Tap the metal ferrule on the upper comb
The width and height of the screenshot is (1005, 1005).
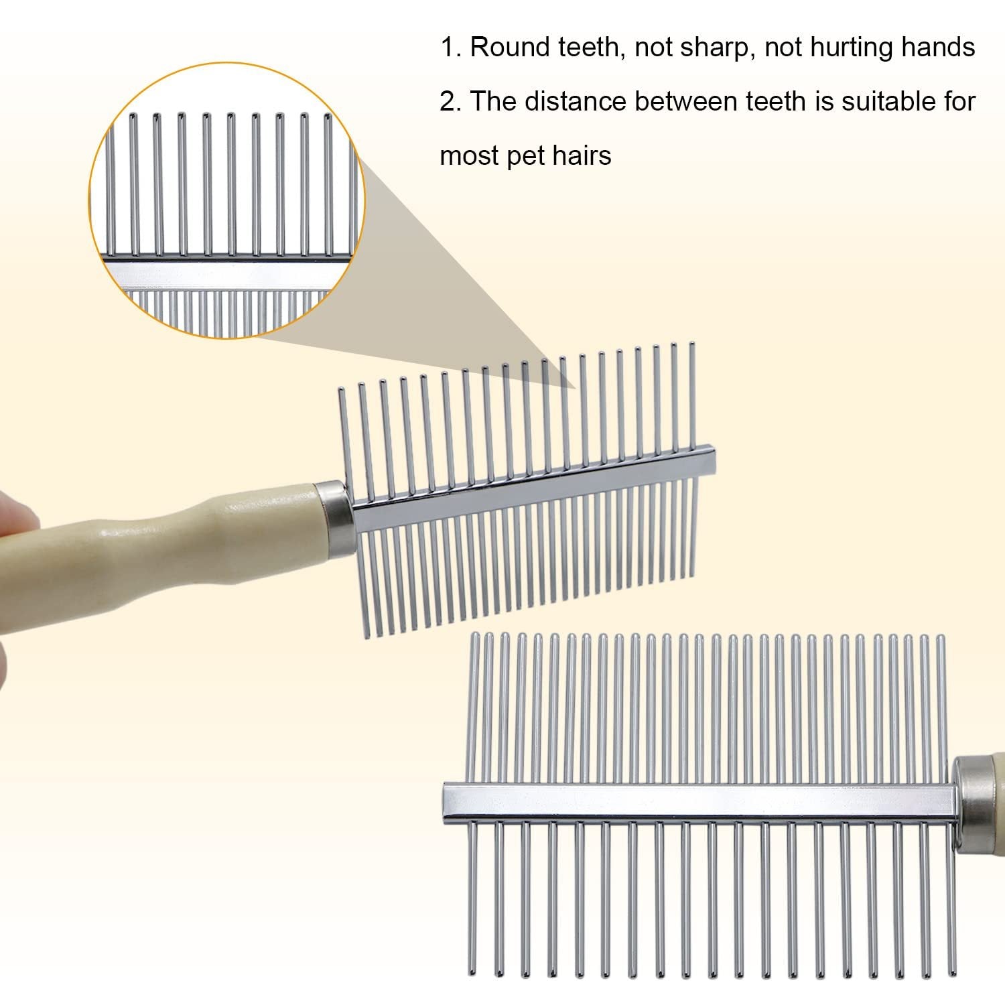[333, 517]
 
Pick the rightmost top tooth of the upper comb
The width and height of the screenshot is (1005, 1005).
[692, 395]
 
